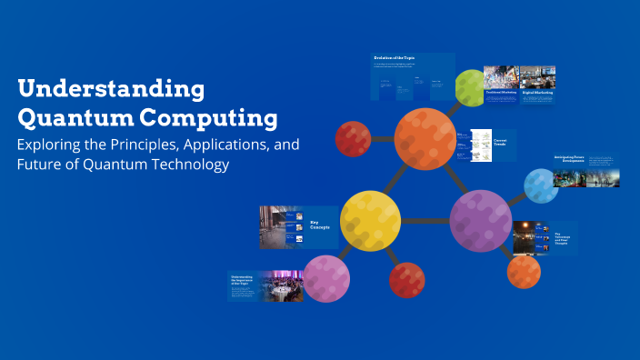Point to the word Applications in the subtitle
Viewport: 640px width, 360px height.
226,145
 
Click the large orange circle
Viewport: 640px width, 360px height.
425,135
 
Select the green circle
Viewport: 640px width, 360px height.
471,86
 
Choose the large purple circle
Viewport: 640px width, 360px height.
481,220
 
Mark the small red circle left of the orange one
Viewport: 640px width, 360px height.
353,139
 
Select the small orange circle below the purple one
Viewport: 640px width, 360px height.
523,272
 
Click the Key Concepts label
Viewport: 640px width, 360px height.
320,225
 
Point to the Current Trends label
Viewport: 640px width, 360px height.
500,144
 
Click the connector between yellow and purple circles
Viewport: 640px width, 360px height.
425,221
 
